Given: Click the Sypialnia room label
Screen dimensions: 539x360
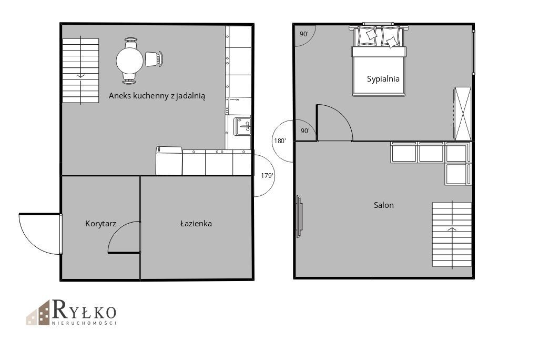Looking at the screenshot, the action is tap(383, 79).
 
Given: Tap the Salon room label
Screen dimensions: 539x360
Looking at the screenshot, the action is tap(384, 205).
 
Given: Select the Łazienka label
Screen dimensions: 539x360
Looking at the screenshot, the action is tap(196, 223).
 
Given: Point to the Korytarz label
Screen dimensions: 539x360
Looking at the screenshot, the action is tap(101, 224).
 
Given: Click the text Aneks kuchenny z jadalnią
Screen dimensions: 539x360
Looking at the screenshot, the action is tap(157, 96).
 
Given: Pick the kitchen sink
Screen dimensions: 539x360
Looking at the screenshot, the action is tap(242, 127).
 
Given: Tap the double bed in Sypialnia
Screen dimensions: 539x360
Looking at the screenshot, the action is tap(379, 61).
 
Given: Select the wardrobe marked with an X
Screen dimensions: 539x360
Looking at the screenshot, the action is tap(463, 114).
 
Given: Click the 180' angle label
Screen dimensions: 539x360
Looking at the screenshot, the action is tap(279, 141).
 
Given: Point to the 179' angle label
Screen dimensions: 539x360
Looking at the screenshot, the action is tap(267, 176).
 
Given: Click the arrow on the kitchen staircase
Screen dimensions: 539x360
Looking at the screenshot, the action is tap(81, 70).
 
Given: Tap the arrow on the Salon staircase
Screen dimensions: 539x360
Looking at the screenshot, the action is tap(452, 234).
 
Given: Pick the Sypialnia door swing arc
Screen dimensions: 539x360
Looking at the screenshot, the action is tap(342, 115).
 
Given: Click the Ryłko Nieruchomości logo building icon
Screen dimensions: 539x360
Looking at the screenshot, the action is tap(38, 313).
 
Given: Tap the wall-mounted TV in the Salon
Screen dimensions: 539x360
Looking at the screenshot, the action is tap(299, 216).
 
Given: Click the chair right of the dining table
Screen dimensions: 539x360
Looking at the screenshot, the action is tap(154, 59).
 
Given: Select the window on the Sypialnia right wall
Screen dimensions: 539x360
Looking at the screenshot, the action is tap(473, 52).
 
